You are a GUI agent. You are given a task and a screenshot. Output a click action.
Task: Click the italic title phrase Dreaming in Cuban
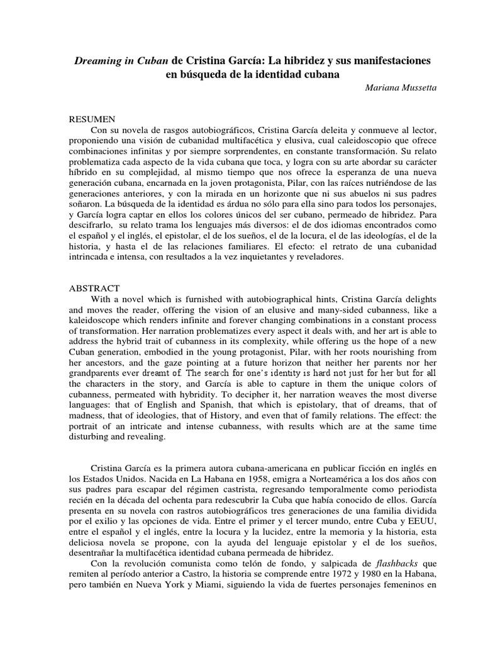(x=121, y=60)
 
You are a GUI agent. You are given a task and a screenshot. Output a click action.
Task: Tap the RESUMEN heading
(x=92, y=118)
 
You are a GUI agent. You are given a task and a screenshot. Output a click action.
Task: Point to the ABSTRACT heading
(x=94, y=288)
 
